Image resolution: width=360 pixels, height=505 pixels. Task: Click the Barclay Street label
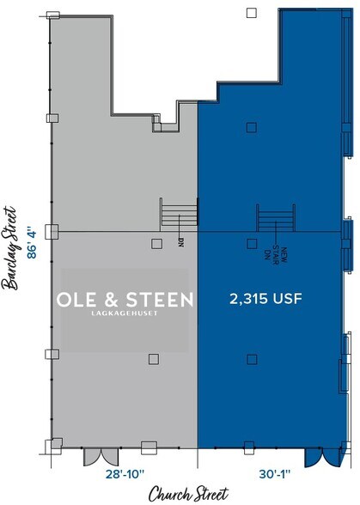coord(12,248)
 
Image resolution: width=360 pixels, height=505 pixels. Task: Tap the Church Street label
coord(188,494)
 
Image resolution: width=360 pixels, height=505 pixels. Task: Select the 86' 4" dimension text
coord(34,243)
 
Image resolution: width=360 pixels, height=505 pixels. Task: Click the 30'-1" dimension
coord(270,473)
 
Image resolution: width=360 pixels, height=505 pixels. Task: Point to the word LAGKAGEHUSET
coord(125,314)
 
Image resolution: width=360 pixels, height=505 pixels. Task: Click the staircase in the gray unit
coord(179,212)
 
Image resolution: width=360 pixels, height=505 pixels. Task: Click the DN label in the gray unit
coord(181,242)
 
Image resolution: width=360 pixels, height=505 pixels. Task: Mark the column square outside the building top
coord(250,12)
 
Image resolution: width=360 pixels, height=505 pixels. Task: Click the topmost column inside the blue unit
coord(250,128)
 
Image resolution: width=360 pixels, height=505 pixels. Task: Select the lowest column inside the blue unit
coord(250,358)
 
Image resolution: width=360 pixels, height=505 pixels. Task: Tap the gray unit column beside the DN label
coord(156,243)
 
